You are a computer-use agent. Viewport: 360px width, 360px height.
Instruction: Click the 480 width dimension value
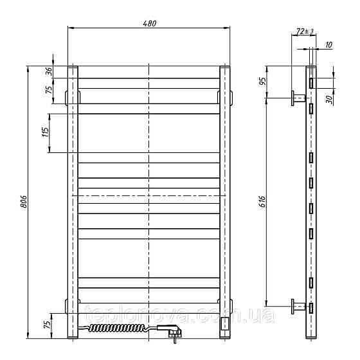[x=149, y=23]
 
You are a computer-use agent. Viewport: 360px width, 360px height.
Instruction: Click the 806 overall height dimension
[x=24, y=202]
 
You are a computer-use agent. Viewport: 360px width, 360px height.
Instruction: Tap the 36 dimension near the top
[x=49, y=71]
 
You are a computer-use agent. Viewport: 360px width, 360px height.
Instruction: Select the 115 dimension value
[x=46, y=132]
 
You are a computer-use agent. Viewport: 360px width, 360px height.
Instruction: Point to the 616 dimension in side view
[x=262, y=202]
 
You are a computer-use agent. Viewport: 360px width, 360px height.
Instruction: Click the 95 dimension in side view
[x=262, y=81]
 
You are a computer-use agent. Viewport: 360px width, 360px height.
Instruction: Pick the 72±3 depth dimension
[x=304, y=31]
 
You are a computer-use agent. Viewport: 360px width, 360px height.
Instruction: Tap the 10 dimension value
[x=328, y=45]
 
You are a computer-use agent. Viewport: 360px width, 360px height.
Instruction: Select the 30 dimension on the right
[x=329, y=99]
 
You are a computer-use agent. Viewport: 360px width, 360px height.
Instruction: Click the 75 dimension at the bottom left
[x=47, y=324]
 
